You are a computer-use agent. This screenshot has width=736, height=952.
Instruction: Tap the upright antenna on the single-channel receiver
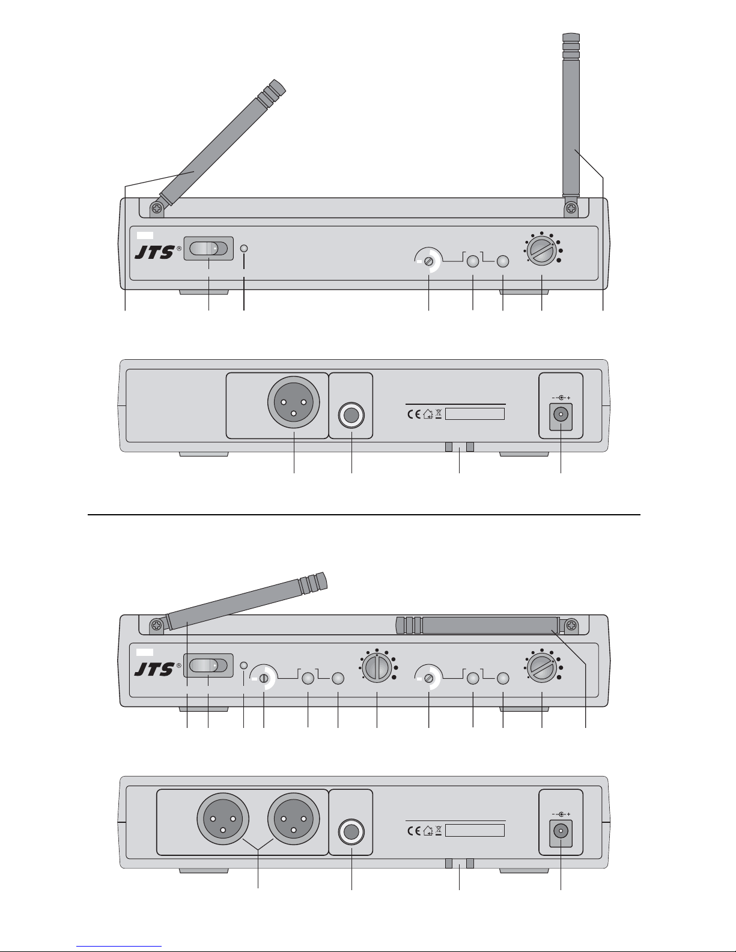(x=570, y=120)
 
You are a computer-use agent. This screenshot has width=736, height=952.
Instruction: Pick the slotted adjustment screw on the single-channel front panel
(x=428, y=262)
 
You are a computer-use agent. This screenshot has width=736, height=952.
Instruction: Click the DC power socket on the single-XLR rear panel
(x=561, y=415)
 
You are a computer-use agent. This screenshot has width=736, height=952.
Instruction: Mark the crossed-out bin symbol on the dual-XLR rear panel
(x=438, y=831)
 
